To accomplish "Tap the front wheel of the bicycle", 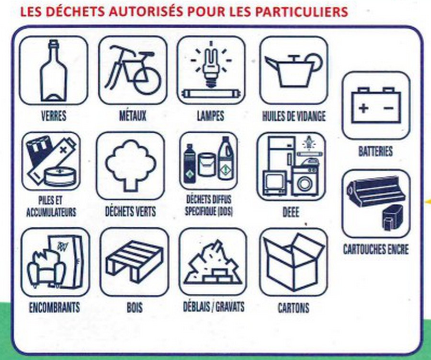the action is pyautogui.click(x=147, y=81).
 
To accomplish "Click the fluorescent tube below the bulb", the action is pyautogui.click(x=211, y=94).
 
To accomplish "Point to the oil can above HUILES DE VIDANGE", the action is pyautogui.click(x=294, y=70).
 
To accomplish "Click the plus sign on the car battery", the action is pyautogui.click(x=363, y=108).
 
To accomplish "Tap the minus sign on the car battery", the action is pyautogui.click(x=388, y=108).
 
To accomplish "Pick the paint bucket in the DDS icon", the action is pyautogui.click(x=206, y=164).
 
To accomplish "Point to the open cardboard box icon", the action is pyautogui.click(x=293, y=262).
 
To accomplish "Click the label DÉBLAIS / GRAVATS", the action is pyautogui.click(x=214, y=307).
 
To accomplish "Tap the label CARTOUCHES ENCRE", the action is pyautogui.click(x=376, y=249).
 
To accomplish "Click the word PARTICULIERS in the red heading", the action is pyautogui.click(x=301, y=12).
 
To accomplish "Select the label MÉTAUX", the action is pyautogui.click(x=133, y=116).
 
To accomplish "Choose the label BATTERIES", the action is pyautogui.click(x=375, y=151).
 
